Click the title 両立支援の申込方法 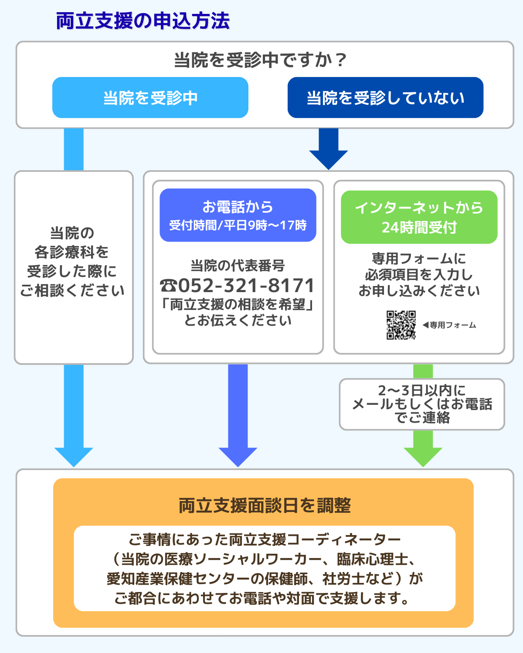(143, 21)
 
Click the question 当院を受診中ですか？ (260, 60)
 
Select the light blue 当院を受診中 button (150, 98)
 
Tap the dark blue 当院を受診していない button (385, 98)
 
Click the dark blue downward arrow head (329, 159)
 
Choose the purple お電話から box (238, 215)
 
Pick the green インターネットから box (419, 217)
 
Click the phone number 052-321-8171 (238, 286)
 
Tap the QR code (401, 325)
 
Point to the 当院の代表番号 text (238, 266)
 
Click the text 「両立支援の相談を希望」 (238, 304)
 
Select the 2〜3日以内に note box (422, 404)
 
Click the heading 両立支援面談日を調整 (265, 505)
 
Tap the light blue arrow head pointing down (74, 456)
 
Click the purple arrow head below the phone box (238, 456)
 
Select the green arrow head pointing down (423, 456)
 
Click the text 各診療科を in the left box (72, 252)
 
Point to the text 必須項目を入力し (419, 275)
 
